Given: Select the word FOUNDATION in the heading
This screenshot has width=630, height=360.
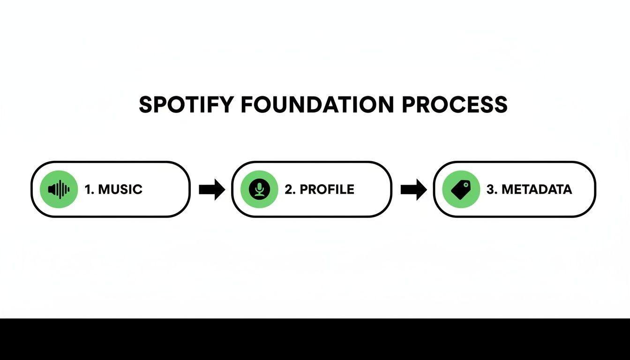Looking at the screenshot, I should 317,105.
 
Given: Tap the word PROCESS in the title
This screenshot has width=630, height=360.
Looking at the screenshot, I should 455,105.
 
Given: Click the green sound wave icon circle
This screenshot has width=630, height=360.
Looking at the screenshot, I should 59,189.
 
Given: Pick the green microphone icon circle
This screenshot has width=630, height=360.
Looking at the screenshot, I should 259,189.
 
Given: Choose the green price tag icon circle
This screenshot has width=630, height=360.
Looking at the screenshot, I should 461,189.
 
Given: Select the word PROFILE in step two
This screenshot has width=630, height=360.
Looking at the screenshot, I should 327,189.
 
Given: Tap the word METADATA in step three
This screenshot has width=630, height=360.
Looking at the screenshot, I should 536,189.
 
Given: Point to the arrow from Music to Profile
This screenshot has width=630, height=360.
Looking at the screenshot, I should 212,189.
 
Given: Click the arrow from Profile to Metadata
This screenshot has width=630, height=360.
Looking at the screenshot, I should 413,189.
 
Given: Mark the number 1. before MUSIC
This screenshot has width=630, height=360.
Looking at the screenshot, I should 89,189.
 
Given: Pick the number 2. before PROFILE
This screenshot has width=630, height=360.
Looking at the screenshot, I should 290,189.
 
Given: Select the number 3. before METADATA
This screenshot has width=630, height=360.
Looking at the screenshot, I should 492,189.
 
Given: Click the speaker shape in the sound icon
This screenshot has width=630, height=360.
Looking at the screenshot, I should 52,189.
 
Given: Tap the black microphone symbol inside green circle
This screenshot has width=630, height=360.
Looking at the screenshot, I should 259,188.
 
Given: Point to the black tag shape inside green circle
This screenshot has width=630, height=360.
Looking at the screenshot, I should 460,190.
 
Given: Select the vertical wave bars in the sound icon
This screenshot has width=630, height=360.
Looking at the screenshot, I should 63,189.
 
